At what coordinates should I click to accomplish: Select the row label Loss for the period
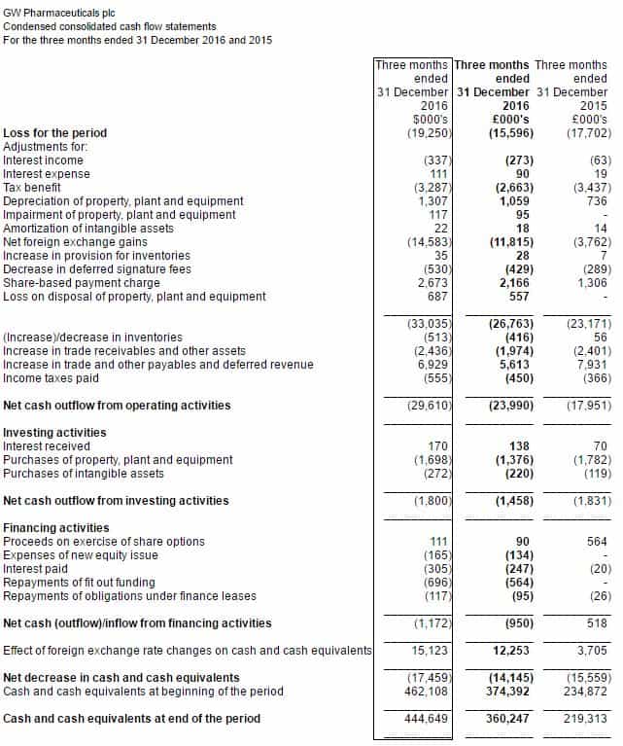(55, 132)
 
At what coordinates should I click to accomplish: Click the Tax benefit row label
(32, 187)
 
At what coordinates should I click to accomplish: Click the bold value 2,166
(513, 282)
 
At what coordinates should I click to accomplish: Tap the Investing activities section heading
(54, 432)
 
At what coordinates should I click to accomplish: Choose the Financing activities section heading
(56, 527)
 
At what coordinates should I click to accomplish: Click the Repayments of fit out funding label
(79, 582)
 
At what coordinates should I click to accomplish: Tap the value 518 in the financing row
(597, 622)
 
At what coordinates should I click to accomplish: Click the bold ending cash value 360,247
(508, 718)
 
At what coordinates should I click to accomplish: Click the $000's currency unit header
(430, 119)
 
